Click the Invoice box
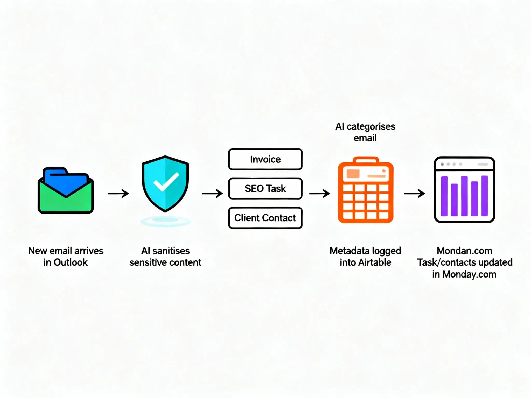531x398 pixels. coord(265,159)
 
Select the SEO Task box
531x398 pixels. coord(265,188)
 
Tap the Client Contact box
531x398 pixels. coord(265,218)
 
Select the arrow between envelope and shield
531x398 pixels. coord(118,193)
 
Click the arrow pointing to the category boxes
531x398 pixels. coord(212,193)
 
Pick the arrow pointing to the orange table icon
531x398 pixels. coord(319,193)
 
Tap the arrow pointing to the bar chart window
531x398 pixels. coord(414,193)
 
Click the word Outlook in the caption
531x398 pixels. coord(71,262)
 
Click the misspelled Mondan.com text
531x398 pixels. coord(464,251)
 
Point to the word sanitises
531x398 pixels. coord(171,251)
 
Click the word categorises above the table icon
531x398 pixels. coord(371,127)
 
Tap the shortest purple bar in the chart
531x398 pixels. coord(454,200)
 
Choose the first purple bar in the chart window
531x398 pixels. coord(444,196)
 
